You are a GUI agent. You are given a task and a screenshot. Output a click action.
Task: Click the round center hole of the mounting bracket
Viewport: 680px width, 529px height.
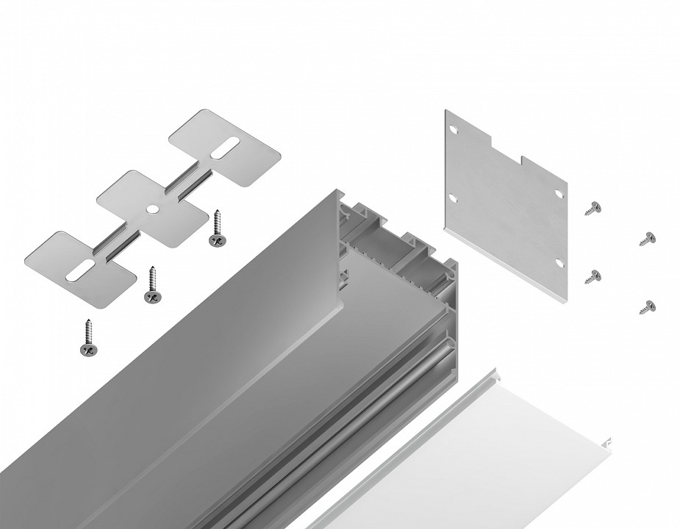[x=151, y=209]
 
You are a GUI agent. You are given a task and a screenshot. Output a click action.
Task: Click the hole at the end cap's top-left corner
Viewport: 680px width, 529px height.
[x=454, y=129]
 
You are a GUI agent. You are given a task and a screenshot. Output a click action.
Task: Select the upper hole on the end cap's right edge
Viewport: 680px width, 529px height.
[x=558, y=193]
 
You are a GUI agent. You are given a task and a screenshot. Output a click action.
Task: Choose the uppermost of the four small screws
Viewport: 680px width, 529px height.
[x=593, y=208]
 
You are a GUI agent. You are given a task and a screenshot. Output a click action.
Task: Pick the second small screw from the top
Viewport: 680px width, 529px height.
[x=647, y=238]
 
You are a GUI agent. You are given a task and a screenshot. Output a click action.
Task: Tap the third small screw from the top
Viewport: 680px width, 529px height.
[x=593, y=276]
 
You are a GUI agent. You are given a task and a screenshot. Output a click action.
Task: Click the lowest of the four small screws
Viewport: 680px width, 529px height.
[x=647, y=306]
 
